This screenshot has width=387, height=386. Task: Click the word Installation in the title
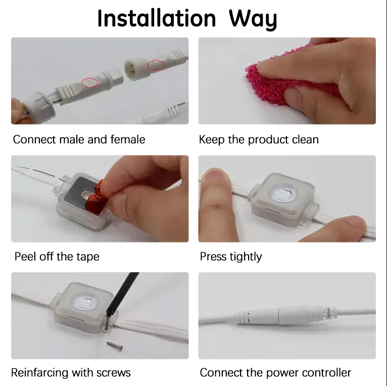coord(157,19)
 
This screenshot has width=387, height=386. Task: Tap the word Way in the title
coord(253,19)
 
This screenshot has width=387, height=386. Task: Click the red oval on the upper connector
coord(156,65)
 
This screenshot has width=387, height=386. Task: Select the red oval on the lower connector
coord(90,83)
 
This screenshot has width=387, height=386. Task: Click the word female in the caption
coord(128,139)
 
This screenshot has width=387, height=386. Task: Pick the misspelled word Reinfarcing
coord(39,373)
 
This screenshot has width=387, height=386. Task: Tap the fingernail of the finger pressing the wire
coord(214,174)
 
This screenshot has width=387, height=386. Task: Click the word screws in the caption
coord(113,373)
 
